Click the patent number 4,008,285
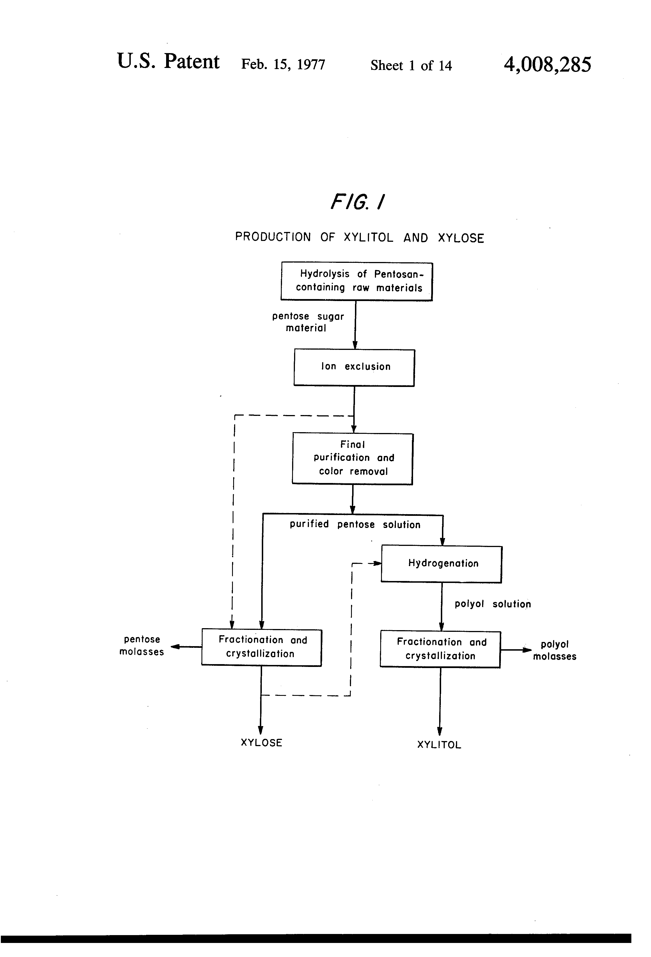coord(547,65)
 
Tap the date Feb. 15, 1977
coord(283,64)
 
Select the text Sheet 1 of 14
coord(411,65)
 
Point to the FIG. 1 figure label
coord(357,202)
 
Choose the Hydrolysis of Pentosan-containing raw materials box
coord(357,281)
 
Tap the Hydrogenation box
coord(442,564)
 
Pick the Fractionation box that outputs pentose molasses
coord(262,647)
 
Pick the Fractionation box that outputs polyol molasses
coord(440,649)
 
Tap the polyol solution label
coord(492,604)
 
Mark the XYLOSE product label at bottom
coord(261,743)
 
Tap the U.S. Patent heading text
coord(168,62)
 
